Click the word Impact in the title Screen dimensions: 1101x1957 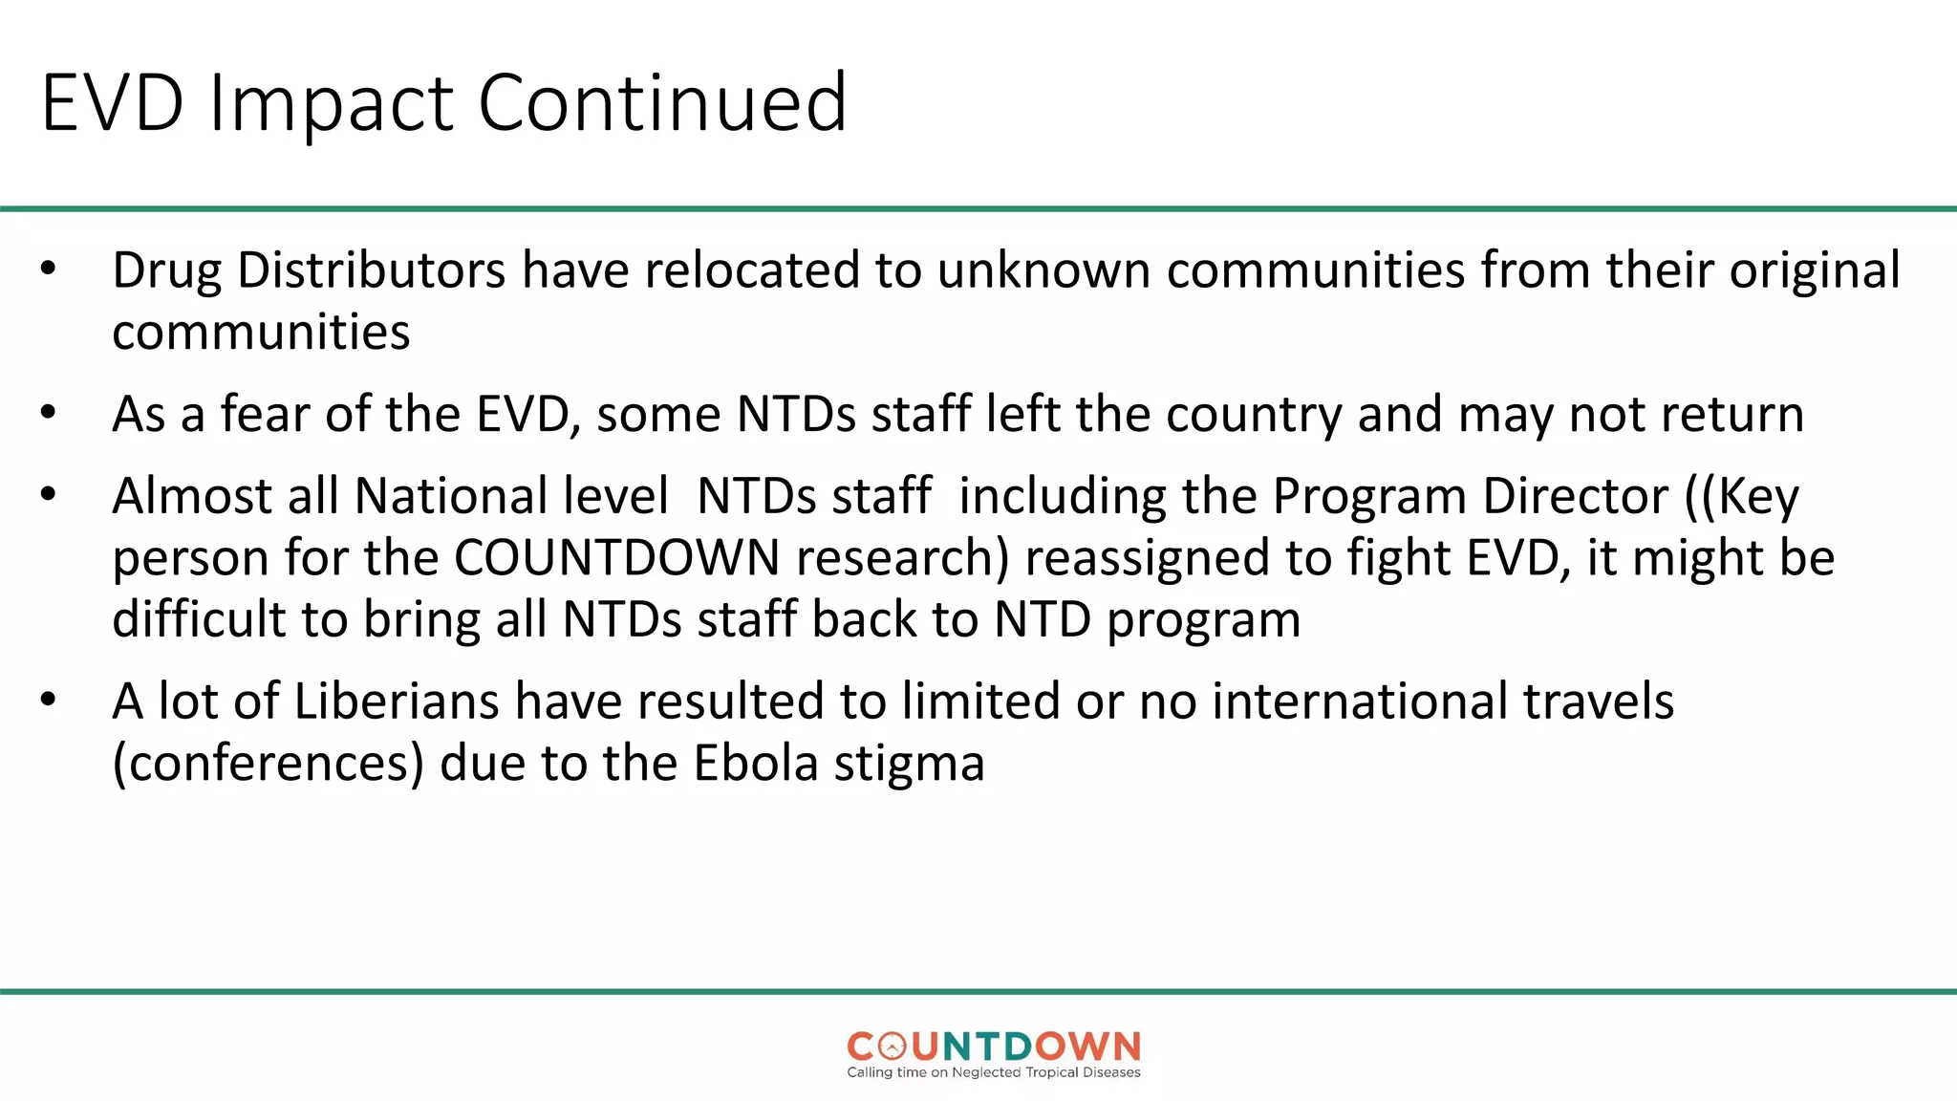(331, 103)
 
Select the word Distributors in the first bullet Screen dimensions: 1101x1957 (371, 270)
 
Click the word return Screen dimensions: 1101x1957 (1731, 415)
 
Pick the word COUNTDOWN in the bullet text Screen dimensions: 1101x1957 (616, 558)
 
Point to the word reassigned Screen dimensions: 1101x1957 (1147, 560)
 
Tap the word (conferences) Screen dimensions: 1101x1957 (268, 765)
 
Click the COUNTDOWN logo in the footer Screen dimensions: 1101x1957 (993, 1047)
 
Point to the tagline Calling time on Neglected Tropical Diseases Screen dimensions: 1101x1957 (993, 1072)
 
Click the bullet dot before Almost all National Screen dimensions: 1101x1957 (49, 496)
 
